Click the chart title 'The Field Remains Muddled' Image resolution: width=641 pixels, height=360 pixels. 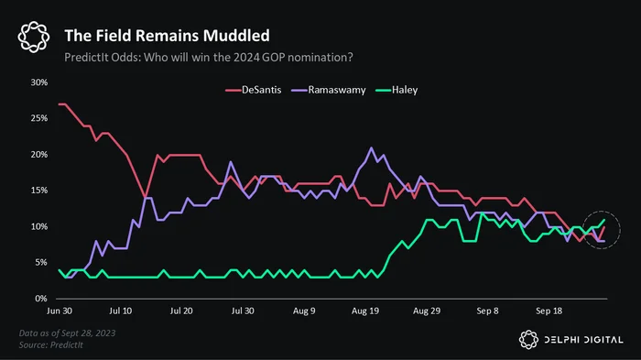[167, 36]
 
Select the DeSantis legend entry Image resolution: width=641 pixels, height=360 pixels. [254, 90]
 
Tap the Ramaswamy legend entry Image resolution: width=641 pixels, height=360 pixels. [329, 90]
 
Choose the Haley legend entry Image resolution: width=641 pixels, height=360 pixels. [397, 90]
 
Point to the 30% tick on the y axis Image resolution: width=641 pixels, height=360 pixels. [39, 82]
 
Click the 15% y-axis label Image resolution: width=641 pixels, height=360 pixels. [39, 191]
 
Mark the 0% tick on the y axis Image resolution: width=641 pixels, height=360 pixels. [41, 299]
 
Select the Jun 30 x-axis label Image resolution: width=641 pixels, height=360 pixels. [60, 311]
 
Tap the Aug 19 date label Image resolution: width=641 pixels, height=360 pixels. [365, 311]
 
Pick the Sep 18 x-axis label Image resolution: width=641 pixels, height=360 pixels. [549, 311]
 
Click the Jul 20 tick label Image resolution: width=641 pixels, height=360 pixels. [181, 311]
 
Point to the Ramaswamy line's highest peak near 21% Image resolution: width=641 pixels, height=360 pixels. [371, 147]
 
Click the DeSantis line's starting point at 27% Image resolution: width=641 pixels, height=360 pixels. [60, 104]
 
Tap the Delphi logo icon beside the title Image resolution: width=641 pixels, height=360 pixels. [34, 37]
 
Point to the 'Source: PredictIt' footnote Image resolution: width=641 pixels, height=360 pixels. [51, 344]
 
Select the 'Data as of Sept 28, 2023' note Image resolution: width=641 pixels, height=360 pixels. [68, 333]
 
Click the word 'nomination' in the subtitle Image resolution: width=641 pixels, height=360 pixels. [320, 58]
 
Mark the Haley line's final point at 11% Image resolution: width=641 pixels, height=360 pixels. [604, 220]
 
